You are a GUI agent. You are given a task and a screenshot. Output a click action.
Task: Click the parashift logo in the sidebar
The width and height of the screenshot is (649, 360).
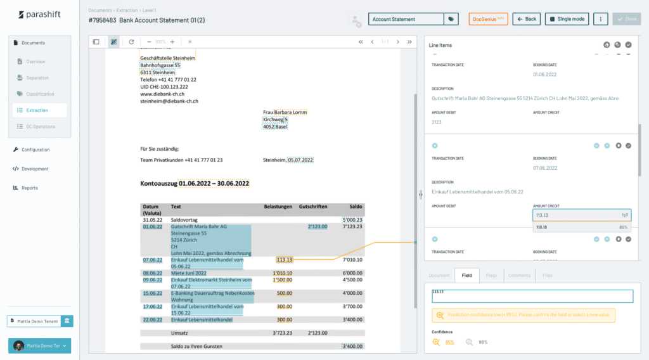click(x=39, y=15)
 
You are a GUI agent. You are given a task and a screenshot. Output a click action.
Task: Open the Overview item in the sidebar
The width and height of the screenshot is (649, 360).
click(x=35, y=61)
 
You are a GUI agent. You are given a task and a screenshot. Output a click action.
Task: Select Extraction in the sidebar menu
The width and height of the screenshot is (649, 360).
click(x=37, y=110)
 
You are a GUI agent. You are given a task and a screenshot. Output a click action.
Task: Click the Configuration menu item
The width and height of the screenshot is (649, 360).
click(x=35, y=150)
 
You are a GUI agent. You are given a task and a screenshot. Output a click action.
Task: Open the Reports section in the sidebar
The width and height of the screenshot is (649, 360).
click(x=30, y=188)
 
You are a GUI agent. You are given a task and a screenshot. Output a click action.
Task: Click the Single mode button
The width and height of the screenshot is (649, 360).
click(x=567, y=19)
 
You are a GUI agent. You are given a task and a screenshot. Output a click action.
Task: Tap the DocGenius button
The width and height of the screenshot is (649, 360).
click(x=488, y=19)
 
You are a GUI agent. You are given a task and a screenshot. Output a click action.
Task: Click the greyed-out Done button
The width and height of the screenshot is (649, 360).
click(x=626, y=19)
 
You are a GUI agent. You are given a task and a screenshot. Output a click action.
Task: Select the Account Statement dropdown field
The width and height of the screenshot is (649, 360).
click(x=406, y=19)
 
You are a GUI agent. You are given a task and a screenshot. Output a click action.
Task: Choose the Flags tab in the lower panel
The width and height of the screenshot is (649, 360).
click(x=491, y=276)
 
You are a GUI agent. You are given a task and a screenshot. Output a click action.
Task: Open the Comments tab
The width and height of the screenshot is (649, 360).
click(x=519, y=276)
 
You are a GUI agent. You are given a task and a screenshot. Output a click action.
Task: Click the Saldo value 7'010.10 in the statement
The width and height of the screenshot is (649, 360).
click(x=352, y=259)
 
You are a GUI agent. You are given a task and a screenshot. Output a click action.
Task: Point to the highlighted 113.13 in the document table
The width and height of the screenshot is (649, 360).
click(x=284, y=259)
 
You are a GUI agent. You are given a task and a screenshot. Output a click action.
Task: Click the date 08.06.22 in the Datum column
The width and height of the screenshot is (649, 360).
click(x=152, y=273)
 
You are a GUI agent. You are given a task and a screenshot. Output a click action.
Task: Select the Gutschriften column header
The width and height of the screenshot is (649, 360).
click(x=312, y=207)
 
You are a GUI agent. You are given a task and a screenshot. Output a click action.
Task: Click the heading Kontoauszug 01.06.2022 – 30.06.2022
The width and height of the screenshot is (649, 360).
click(x=195, y=183)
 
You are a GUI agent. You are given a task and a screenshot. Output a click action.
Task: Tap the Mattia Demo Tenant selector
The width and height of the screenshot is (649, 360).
click(x=34, y=321)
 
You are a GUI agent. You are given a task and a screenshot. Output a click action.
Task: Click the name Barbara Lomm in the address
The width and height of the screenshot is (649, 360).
click(x=290, y=113)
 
